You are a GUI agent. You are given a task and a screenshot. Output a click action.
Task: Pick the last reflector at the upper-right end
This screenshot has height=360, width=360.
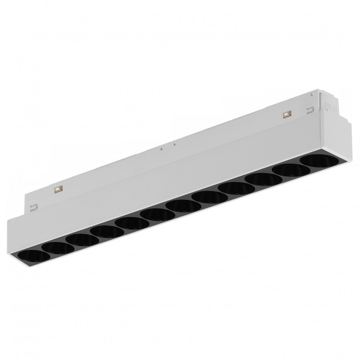click(315, 160)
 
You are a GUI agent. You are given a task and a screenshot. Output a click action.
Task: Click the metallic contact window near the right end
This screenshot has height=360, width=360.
click(286, 115)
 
